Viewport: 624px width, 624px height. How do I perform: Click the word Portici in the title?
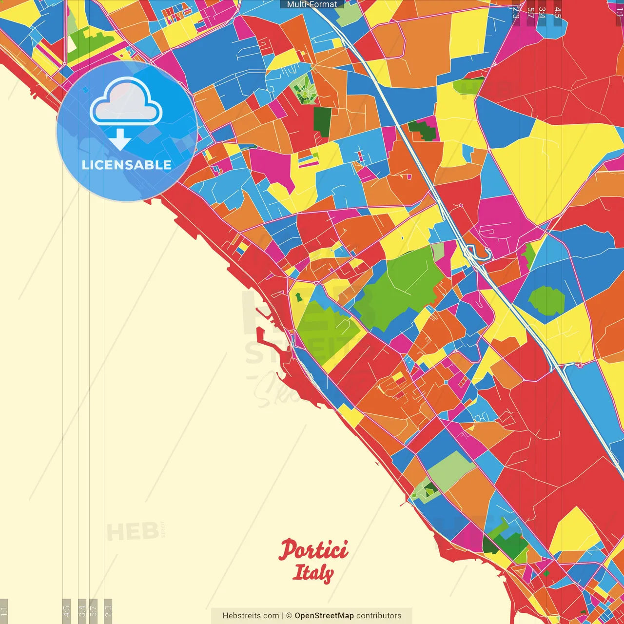pyautogui.click(x=313, y=550)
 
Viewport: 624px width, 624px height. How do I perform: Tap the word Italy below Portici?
pyautogui.click(x=313, y=572)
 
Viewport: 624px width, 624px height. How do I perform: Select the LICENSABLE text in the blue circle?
pyautogui.click(x=126, y=165)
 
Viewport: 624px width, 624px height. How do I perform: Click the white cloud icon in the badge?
pyautogui.click(x=126, y=102)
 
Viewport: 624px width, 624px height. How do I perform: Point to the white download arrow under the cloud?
pyautogui.click(x=120, y=139)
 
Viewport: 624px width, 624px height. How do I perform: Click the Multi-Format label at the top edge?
pyautogui.click(x=312, y=4)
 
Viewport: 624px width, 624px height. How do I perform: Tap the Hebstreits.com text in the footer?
pyautogui.click(x=251, y=616)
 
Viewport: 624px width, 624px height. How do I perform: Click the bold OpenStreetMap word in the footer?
pyautogui.click(x=324, y=616)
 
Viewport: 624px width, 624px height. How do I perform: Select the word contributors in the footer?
pyautogui.click(x=379, y=616)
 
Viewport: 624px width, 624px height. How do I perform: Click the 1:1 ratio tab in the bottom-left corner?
pyautogui.click(x=4, y=611)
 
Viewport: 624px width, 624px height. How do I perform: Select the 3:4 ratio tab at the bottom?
pyautogui.click(x=82, y=611)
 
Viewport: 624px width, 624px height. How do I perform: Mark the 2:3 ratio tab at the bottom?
pyautogui.click(x=108, y=611)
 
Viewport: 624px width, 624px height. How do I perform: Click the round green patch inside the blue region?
pyautogui.click(x=546, y=300)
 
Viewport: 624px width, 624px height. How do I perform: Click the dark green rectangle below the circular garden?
pyautogui.click(x=322, y=121)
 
